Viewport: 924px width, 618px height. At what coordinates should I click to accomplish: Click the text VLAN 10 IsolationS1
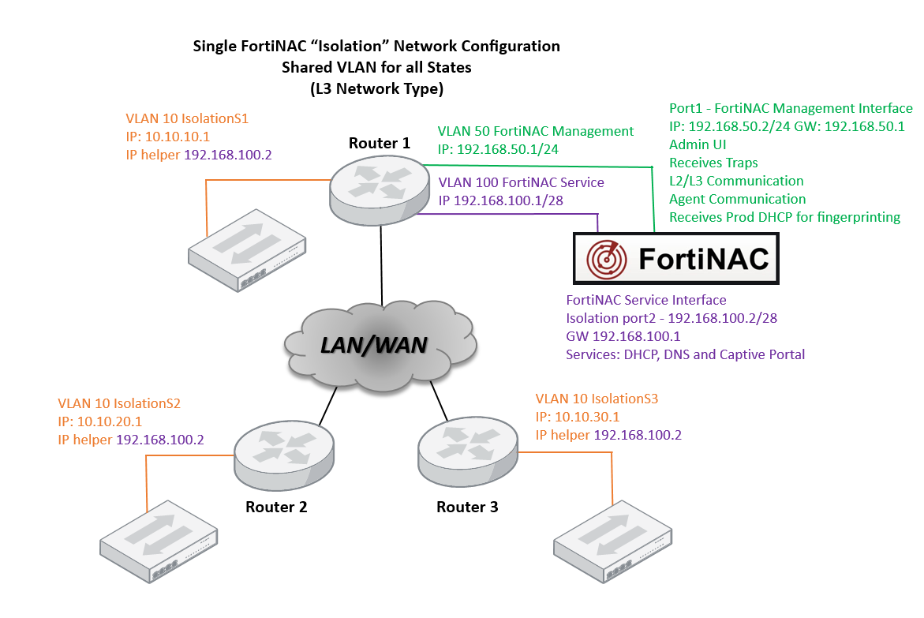point(187,119)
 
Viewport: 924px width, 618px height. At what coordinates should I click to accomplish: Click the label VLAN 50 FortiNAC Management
point(536,131)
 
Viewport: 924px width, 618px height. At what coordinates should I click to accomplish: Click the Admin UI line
point(698,144)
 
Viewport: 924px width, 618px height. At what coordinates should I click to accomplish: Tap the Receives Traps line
point(713,163)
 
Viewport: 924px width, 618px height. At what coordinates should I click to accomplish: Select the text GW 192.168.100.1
point(623,336)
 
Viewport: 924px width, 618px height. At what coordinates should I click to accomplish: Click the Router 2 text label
point(276,507)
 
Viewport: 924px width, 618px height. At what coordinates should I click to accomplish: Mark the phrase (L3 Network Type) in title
point(376,89)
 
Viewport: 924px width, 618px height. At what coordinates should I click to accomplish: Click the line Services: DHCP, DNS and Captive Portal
point(686,354)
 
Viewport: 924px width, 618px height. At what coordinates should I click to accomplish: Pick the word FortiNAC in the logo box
point(702,260)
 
